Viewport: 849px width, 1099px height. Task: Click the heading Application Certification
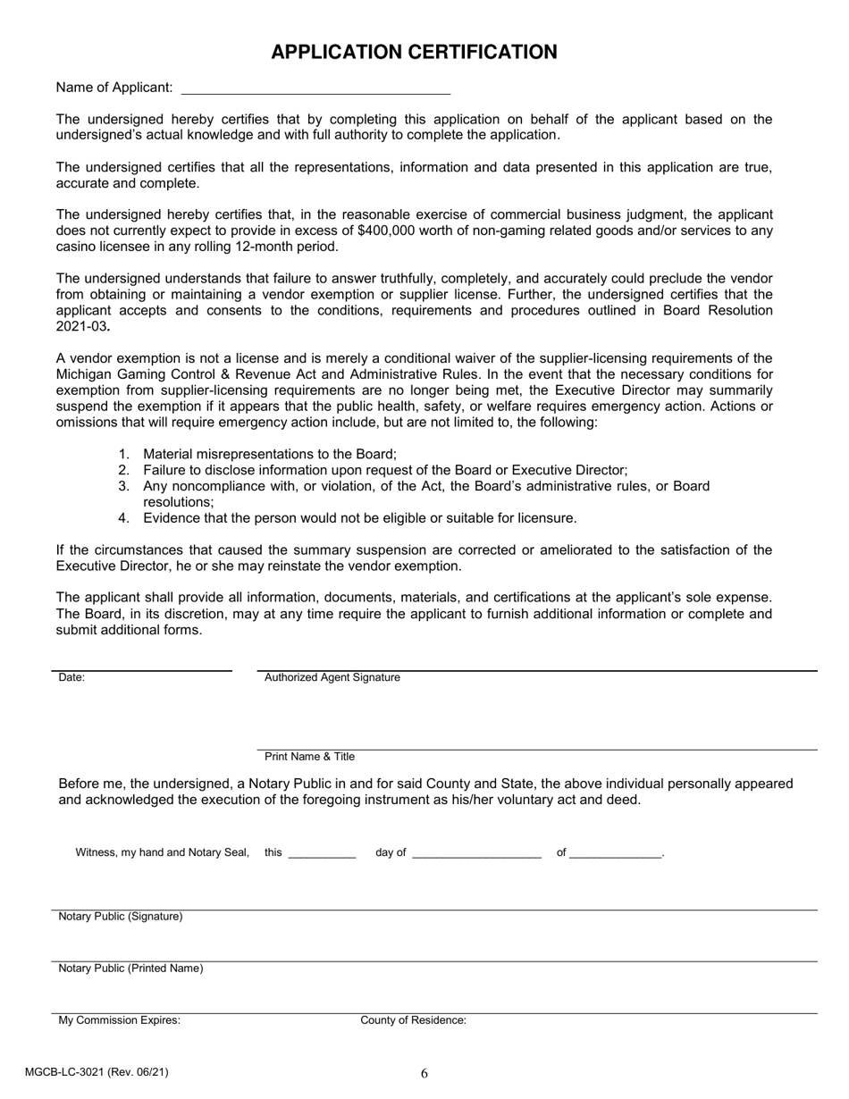tap(414, 52)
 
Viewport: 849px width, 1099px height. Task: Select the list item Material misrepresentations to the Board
tap(269, 454)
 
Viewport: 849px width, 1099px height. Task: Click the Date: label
tap(71, 678)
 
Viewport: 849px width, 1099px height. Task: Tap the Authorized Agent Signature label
tap(332, 678)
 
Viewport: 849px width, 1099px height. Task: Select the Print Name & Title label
tap(309, 757)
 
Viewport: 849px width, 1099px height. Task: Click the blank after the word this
tap(323, 853)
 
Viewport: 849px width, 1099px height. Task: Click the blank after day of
tap(477, 853)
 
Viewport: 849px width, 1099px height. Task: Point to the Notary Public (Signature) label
tap(121, 917)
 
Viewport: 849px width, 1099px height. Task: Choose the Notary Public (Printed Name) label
tap(130, 969)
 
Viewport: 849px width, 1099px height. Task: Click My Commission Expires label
tap(119, 1020)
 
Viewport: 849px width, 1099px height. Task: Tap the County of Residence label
tap(413, 1020)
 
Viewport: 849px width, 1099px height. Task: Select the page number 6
tap(424, 1074)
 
